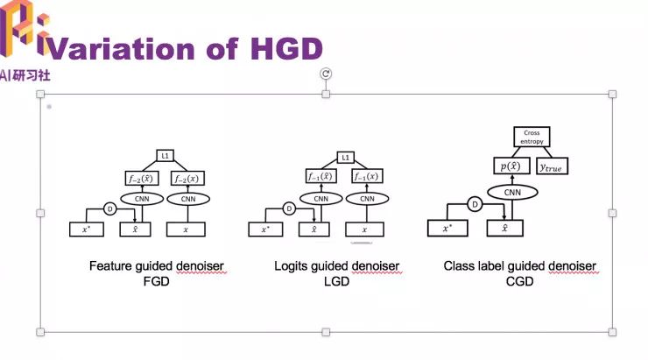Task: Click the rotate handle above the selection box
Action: pyautogui.click(x=326, y=74)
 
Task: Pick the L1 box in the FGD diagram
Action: pyautogui.click(x=165, y=156)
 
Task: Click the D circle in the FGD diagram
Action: pyautogui.click(x=110, y=208)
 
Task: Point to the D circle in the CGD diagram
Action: pyautogui.click(x=475, y=205)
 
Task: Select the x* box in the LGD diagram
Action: pyautogui.click(x=266, y=229)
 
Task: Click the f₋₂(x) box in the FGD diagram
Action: pyautogui.click(x=187, y=179)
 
